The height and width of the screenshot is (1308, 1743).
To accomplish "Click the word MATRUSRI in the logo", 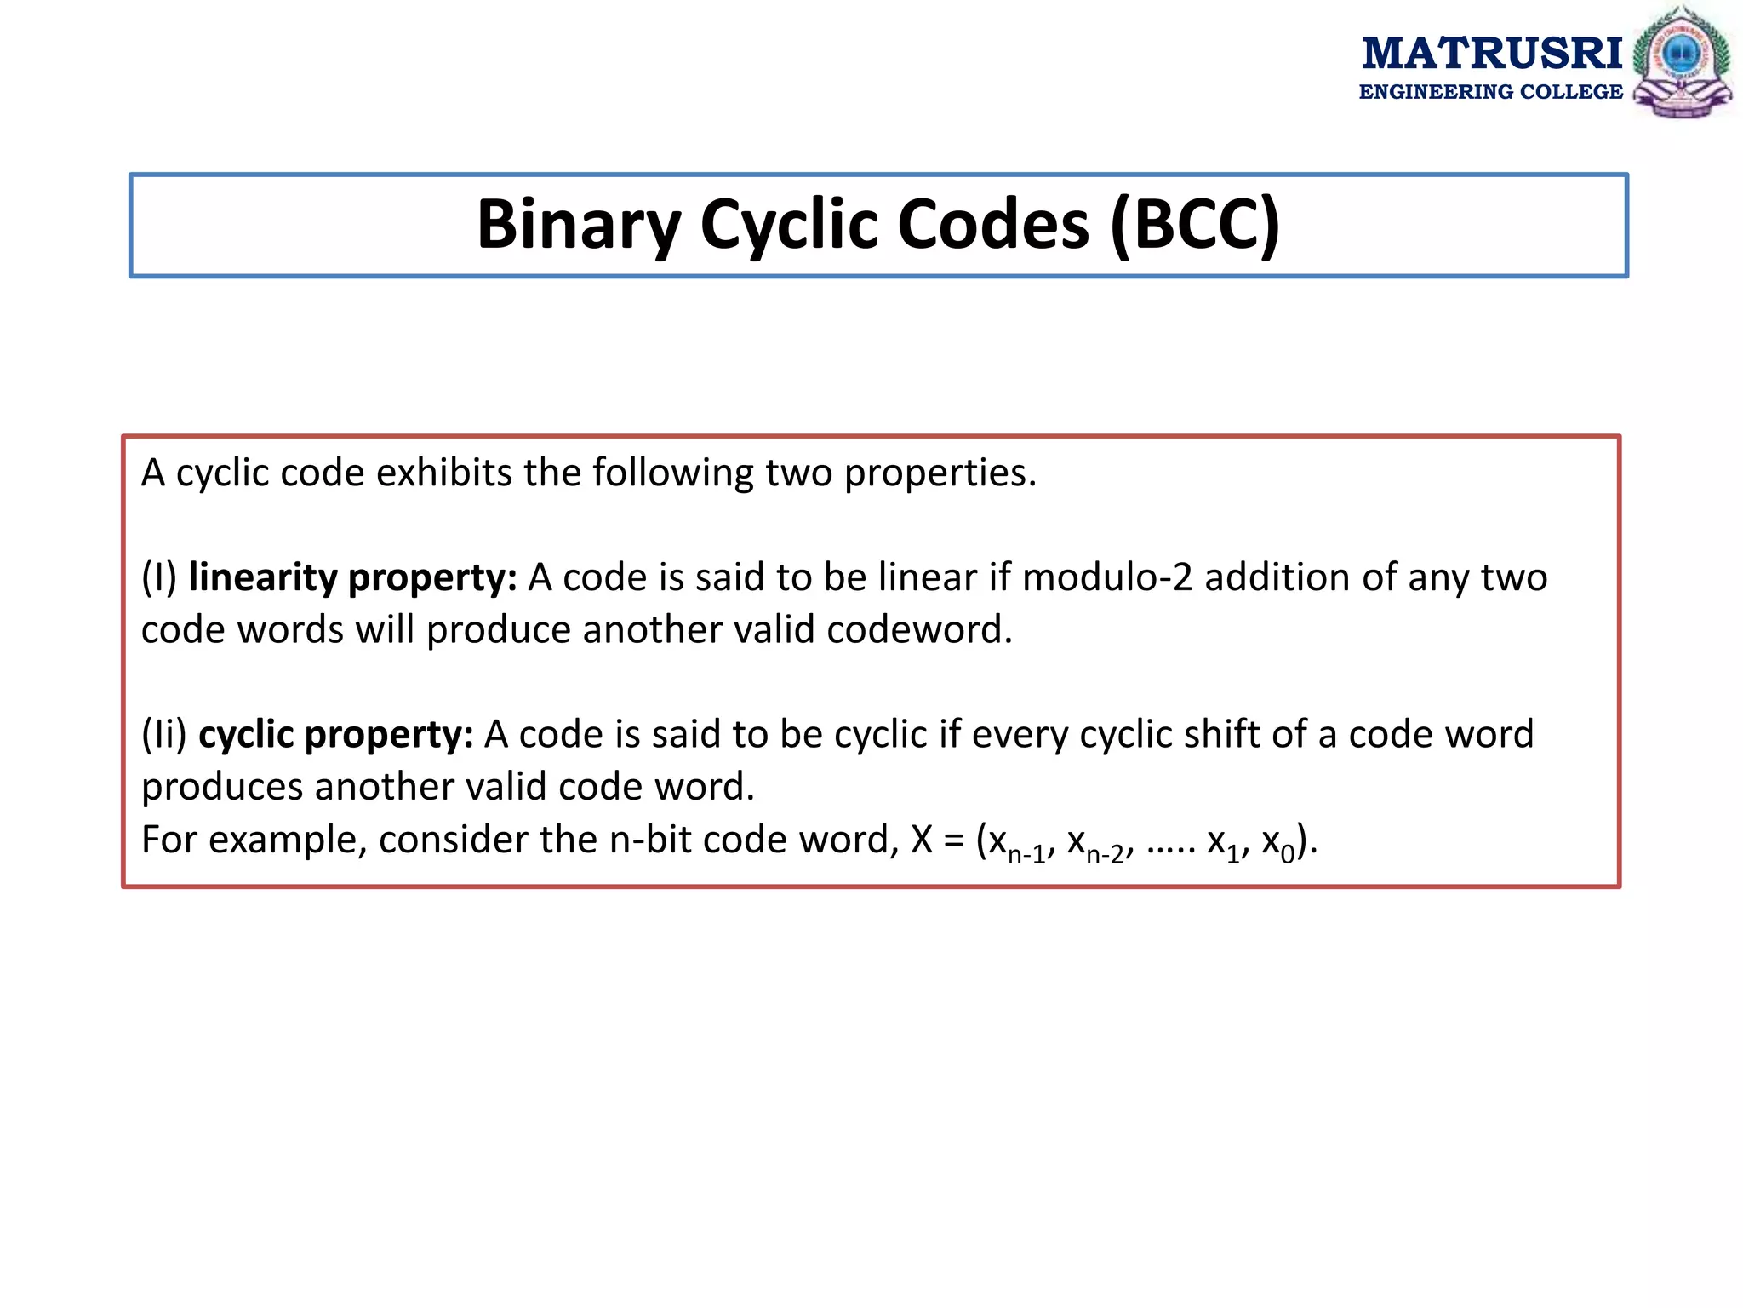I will (x=1492, y=54).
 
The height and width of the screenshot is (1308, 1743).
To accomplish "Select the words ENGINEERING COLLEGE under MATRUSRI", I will (x=1490, y=92).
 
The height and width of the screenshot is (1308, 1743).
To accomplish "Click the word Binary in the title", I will (x=579, y=225).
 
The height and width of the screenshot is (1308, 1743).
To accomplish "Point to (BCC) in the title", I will (x=1195, y=225).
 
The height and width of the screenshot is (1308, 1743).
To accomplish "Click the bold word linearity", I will (x=263, y=577).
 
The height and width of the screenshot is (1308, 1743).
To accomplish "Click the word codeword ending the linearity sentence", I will (x=918, y=630).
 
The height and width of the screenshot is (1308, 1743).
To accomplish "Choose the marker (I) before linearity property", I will (x=159, y=577).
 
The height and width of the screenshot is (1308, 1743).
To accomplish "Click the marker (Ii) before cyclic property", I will (x=163, y=734).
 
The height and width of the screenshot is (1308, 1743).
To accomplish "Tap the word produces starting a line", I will (x=222, y=787).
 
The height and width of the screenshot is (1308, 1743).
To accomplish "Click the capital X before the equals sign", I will (x=922, y=840).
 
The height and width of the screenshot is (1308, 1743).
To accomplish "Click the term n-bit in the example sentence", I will (x=650, y=840).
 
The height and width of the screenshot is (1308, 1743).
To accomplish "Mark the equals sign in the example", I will (x=954, y=841).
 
